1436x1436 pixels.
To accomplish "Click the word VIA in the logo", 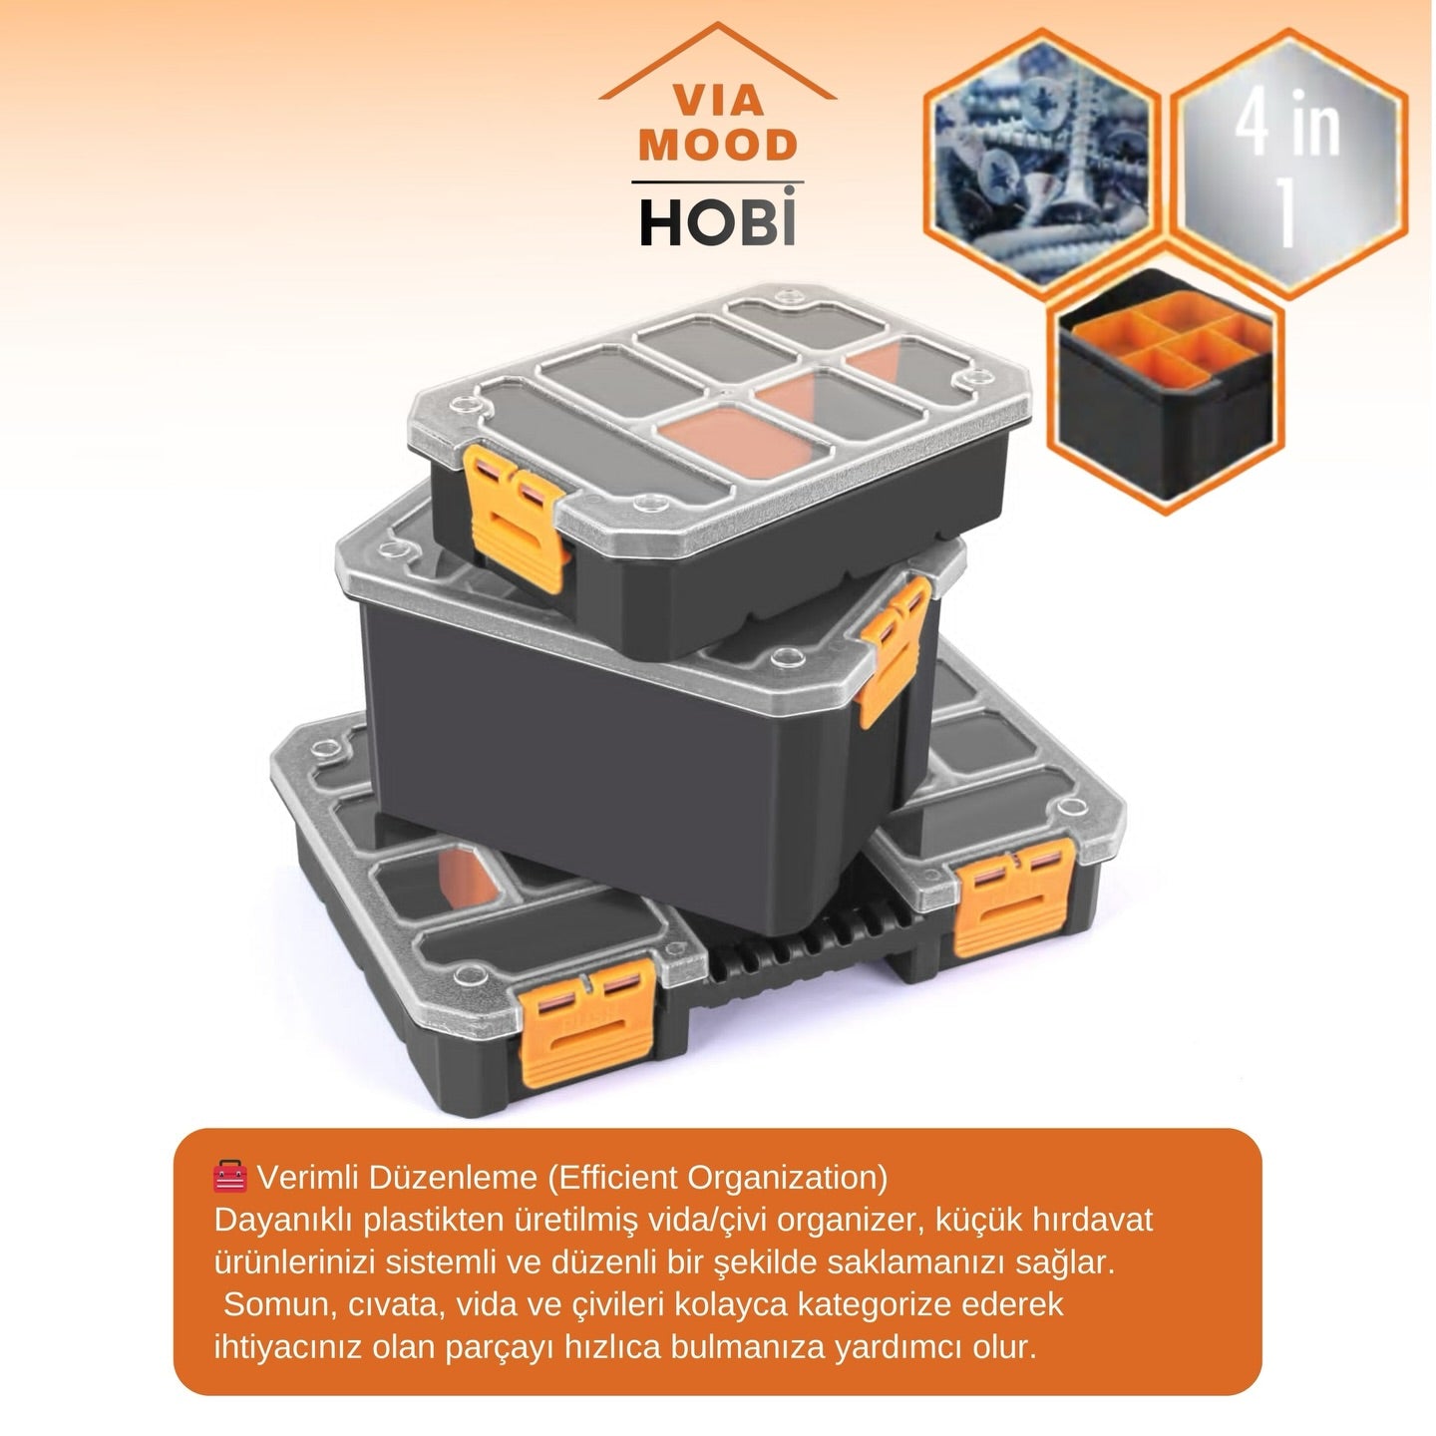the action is (x=718, y=102).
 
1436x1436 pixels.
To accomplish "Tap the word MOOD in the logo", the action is (x=718, y=146).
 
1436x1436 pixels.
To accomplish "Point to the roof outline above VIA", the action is (x=718, y=60).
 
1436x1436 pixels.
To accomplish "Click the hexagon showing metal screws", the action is (x=1042, y=158).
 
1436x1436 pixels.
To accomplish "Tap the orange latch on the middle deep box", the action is (x=895, y=650).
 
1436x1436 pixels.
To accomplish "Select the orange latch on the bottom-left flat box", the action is (x=588, y=1021).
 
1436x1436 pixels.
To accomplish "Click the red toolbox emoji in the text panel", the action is (x=229, y=1177).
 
